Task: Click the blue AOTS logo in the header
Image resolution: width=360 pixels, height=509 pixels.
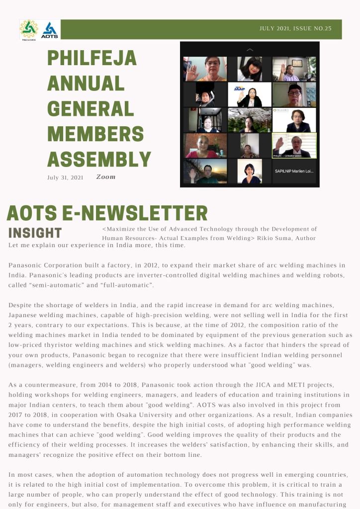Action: (50, 30)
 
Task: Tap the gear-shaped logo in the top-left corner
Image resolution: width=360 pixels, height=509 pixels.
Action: (29, 30)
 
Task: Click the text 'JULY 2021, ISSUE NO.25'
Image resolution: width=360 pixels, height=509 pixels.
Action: (295, 28)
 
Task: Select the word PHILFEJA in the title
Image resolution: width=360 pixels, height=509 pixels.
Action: (91, 59)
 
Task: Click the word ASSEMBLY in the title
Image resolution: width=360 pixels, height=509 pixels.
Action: (99, 159)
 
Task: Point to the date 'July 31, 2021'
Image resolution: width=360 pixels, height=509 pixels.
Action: (65, 177)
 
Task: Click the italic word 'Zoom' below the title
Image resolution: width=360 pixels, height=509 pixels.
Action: (105, 176)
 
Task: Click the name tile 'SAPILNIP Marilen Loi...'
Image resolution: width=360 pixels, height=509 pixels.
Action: (294, 171)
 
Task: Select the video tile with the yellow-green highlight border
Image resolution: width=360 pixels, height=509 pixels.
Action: (294, 145)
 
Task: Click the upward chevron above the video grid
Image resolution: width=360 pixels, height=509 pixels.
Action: (250, 50)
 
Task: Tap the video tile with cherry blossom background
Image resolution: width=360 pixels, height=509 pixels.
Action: (250, 120)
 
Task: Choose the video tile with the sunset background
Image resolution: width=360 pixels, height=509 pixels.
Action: (205, 171)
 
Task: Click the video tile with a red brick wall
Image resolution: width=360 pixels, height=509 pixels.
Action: (205, 145)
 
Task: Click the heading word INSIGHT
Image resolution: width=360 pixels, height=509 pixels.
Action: (35, 233)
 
